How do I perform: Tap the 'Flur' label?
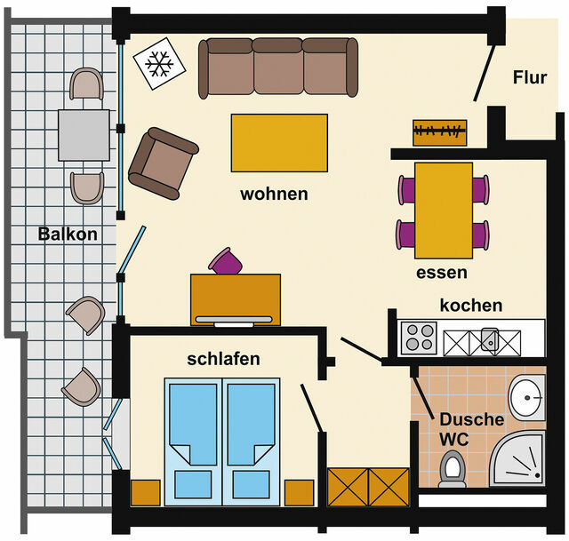tap(530, 77)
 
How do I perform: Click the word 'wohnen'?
tap(274, 193)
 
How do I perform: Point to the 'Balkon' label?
tap(67, 235)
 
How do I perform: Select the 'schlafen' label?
tap(223, 359)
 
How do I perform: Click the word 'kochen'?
tap(471, 305)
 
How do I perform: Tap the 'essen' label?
tap(441, 272)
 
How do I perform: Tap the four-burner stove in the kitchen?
tap(419, 338)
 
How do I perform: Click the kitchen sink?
tap(489, 338)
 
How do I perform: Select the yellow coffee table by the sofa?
tap(279, 142)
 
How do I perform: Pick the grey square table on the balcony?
tap(84, 135)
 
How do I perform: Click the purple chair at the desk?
tap(225, 262)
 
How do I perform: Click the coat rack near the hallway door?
tap(440, 132)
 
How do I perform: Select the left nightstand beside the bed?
tap(146, 493)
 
